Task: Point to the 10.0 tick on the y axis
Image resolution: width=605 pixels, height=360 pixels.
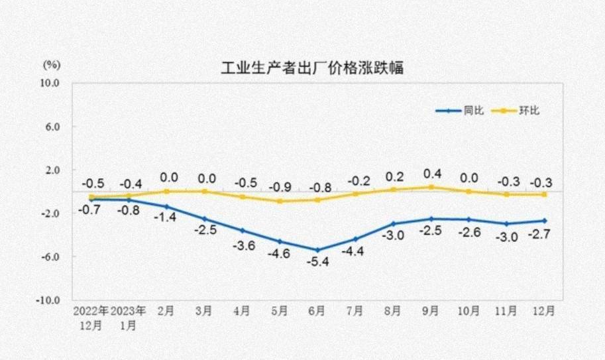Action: [x=51, y=84]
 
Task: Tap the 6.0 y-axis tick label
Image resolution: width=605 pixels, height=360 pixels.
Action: [x=53, y=127]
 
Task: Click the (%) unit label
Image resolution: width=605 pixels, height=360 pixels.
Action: [x=52, y=65]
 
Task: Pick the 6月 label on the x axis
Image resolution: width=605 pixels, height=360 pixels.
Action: [x=317, y=310]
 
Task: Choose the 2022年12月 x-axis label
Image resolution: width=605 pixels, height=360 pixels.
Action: [x=91, y=317]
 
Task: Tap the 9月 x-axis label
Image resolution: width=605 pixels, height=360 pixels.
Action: [x=430, y=310]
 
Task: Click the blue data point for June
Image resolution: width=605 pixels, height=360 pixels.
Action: [x=317, y=250]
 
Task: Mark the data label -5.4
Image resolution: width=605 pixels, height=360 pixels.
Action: [x=317, y=263]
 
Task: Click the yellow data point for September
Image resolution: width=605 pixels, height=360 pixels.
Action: [x=431, y=187]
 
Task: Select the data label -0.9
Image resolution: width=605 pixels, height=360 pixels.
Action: [x=280, y=187]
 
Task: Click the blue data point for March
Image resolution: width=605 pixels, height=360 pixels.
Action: [x=204, y=219]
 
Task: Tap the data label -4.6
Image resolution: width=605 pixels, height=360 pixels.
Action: [x=280, y=254]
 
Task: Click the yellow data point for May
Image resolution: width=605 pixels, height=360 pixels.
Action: [x=280, y=201]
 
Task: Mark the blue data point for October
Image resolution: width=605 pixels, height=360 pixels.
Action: [x=468, y=219]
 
